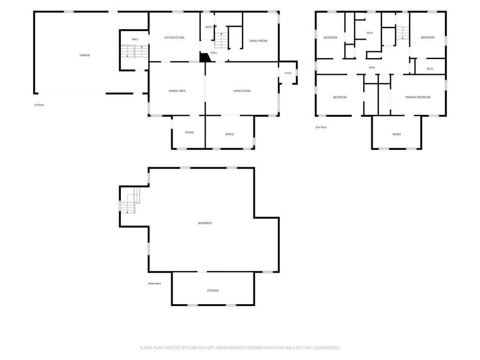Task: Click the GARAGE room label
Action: click(x=85, y=55)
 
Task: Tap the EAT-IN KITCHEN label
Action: click(x=174, y=37)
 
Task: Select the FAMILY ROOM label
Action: click(x=258, y=41)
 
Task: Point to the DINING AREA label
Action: click(x=177, y=91)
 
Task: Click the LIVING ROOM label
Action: click(x=242, y=91)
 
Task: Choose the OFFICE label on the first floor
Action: click(x=229, y=135)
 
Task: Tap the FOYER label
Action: click(x=288, y=73)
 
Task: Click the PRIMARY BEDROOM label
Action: click(x=418, y=97)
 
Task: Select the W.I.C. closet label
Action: click(x=430, y=69)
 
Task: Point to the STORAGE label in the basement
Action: click(x=213, y=291)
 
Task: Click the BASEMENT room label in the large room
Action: click(x=205, y=223)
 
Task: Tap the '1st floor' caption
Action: click(x=39, y=105)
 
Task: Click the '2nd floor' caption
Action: click(x=321, y=127)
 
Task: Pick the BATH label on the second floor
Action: click(x=370, y=33)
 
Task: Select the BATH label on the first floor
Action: click(x=209, y=27)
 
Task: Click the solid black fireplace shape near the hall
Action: click(x=205, y=58)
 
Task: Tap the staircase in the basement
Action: click(x=130, y=201)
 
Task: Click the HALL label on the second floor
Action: click(x=372, y=67)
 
